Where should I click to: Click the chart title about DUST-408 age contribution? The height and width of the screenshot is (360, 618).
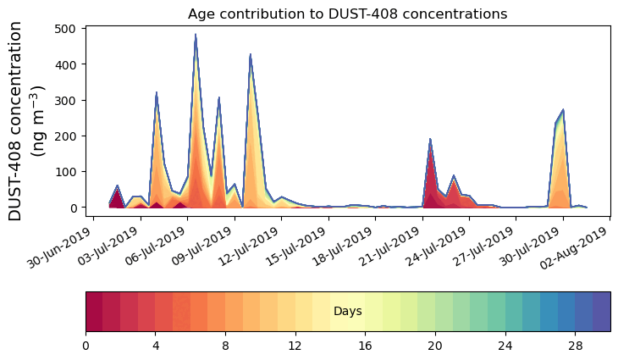point(347,14)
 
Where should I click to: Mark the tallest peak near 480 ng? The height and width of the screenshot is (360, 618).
point(196,36)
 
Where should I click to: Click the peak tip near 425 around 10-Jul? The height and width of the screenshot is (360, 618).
point(251,55)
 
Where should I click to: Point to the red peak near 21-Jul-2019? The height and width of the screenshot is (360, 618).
point(430,140)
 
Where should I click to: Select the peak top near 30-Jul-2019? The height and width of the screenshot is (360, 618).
point(563,110)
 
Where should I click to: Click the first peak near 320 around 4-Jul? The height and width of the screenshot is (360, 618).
point(157,93)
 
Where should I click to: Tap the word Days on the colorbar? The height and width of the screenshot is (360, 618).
point(347,312)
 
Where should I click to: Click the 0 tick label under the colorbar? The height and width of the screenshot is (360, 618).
point(86,346)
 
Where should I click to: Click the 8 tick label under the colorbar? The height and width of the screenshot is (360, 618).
point(225,346)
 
